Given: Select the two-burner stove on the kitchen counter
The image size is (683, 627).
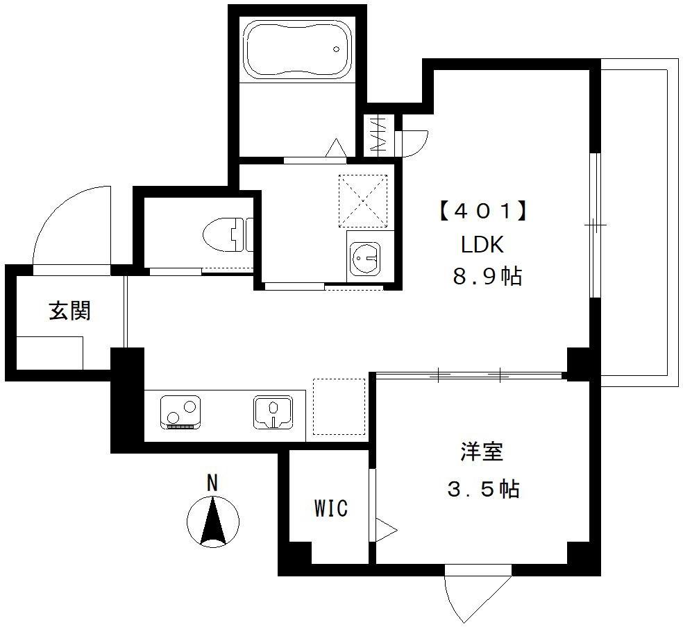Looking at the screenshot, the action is (x=180, y=412).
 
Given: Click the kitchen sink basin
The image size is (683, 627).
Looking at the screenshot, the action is (x=273, y=411).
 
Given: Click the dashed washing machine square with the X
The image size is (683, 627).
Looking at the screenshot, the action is (x=363, y=201).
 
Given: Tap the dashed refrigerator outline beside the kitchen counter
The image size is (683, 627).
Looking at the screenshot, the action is (x=339, y=407).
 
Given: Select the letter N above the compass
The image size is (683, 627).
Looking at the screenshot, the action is (x=212, y=483).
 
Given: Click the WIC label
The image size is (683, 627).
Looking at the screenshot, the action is (x=331, y=508).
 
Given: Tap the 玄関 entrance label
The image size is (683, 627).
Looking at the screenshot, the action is (x=69, y=311).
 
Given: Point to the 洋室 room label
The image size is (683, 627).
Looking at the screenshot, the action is (x=482, y=452).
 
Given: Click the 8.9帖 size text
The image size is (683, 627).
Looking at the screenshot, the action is (x=487, y=276).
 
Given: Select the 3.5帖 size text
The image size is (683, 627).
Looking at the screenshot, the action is (x=484, y=489).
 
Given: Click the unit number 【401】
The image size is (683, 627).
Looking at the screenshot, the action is (x=484, y=212).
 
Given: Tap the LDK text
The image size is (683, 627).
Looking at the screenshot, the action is (x=482, y=245).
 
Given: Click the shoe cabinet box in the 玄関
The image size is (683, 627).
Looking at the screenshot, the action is (x=49, y=352).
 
